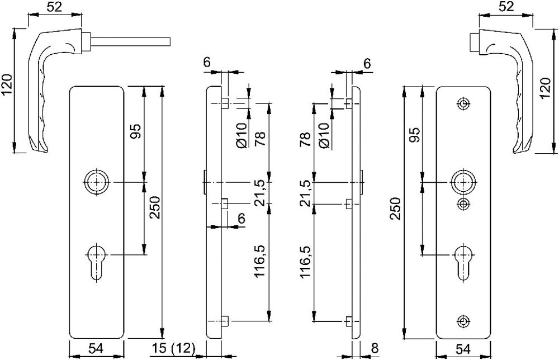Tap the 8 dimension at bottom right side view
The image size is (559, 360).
pyautogui.click(x=375, y=349)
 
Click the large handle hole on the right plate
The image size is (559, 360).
pyautogui.click(x=463, y=182)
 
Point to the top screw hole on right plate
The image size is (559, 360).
pyautogui.click(x=463, y=104)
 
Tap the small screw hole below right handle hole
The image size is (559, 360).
pyautogui.click(x=463, y=203)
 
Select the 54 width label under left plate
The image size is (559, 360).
pyautogui.click(x=96, y=349)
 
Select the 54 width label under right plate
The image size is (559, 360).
pyautogui.click(x=463, y=349)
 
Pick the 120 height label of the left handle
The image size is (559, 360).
pyautogui.click(x=7, y=85)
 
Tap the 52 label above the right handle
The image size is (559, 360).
pyautogui.click(x=505, y=7)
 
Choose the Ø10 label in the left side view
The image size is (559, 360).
pyautogui.click(x=242, y=136)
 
